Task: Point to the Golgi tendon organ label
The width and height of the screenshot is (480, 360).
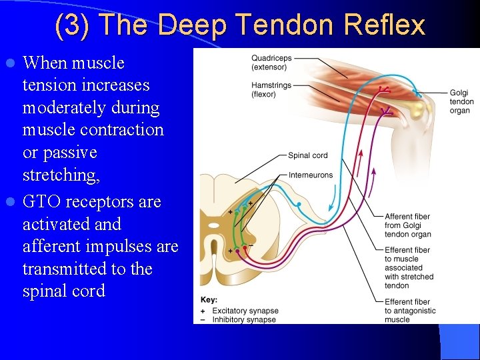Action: tap(461, 101)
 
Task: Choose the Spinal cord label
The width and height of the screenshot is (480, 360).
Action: tap(307, 155)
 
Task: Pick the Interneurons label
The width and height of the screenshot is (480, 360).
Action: tap(310, 175)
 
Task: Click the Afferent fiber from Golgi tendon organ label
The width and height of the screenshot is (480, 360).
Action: tap(407, 225)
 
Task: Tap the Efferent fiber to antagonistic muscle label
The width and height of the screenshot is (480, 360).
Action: tap(409, 311)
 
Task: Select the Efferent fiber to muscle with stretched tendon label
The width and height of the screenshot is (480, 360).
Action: tap(409, 268)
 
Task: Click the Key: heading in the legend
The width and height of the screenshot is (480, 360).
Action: tap(209, 300)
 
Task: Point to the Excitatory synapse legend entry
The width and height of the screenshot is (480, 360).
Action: tap(244, 311)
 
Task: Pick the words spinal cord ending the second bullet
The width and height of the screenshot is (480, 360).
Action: tap(63, 291)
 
